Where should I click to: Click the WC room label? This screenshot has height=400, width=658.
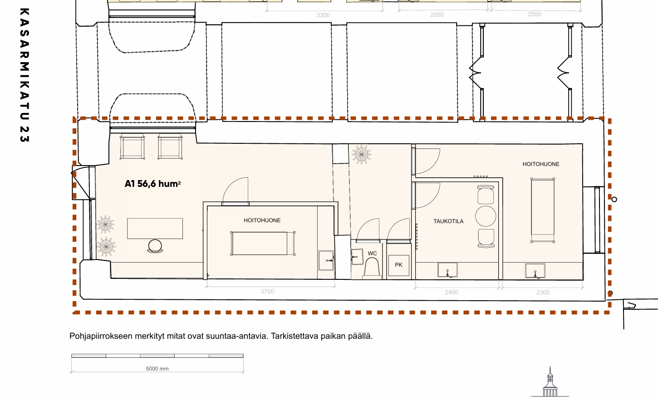(x=372, y=254)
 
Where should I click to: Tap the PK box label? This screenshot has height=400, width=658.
(x=398, y=265)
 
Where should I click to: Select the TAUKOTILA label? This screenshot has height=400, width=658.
(x=448, y=221)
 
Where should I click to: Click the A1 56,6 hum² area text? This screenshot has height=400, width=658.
(x=152, y=184)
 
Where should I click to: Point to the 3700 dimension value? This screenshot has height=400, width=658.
(x=267, y=292)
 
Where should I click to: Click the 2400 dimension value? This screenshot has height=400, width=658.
(x=452, y=293)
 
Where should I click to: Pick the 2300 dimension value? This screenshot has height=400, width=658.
(x=543, y=293)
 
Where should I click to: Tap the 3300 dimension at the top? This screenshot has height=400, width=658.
(x=323, y=15)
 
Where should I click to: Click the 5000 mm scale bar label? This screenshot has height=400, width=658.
(x=157, y=369)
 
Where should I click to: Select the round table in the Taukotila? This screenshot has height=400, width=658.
(x=486, y=216)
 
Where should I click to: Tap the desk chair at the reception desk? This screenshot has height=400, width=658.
(x=155, y=246)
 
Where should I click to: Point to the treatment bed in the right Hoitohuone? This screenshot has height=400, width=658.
(x=543, y=210)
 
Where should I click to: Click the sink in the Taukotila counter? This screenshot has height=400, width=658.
(x=447, y=270)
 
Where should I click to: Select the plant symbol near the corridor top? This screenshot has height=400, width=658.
(x=362, y=154)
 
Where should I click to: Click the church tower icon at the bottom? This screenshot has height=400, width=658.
(x=550, y=382)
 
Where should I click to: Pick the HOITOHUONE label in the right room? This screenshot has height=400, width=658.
(x=541, y=164)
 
